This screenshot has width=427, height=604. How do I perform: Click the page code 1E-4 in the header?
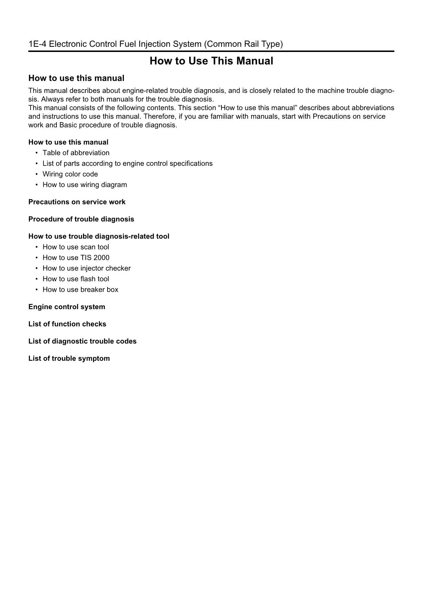(38, 44)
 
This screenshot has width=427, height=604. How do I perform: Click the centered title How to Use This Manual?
(211, 61)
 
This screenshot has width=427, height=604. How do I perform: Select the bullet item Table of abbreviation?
(76, 153)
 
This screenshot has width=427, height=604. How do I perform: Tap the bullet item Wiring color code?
(70, 174)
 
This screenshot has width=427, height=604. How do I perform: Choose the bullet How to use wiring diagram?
(84, 185)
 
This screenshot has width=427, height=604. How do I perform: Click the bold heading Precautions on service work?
(77, 202)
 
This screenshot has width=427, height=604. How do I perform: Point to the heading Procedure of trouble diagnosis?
(81, 219)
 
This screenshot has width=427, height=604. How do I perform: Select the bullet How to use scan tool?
(75, 247)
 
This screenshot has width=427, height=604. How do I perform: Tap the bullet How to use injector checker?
(86, 268)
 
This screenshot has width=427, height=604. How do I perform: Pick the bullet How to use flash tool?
(75, 279)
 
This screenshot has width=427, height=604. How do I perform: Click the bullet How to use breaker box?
(80, 290)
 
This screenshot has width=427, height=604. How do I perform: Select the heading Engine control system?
(66, 307)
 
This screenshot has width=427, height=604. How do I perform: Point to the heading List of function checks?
(67, 324)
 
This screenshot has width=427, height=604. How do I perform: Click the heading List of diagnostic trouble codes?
(82, 341)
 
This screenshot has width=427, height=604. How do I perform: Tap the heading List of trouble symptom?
(69, 359)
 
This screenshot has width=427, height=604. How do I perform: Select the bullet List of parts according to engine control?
(127, 163)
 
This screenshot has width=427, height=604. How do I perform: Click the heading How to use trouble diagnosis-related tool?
(99, 236)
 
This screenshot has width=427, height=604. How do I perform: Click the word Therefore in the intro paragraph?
(159, 116)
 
